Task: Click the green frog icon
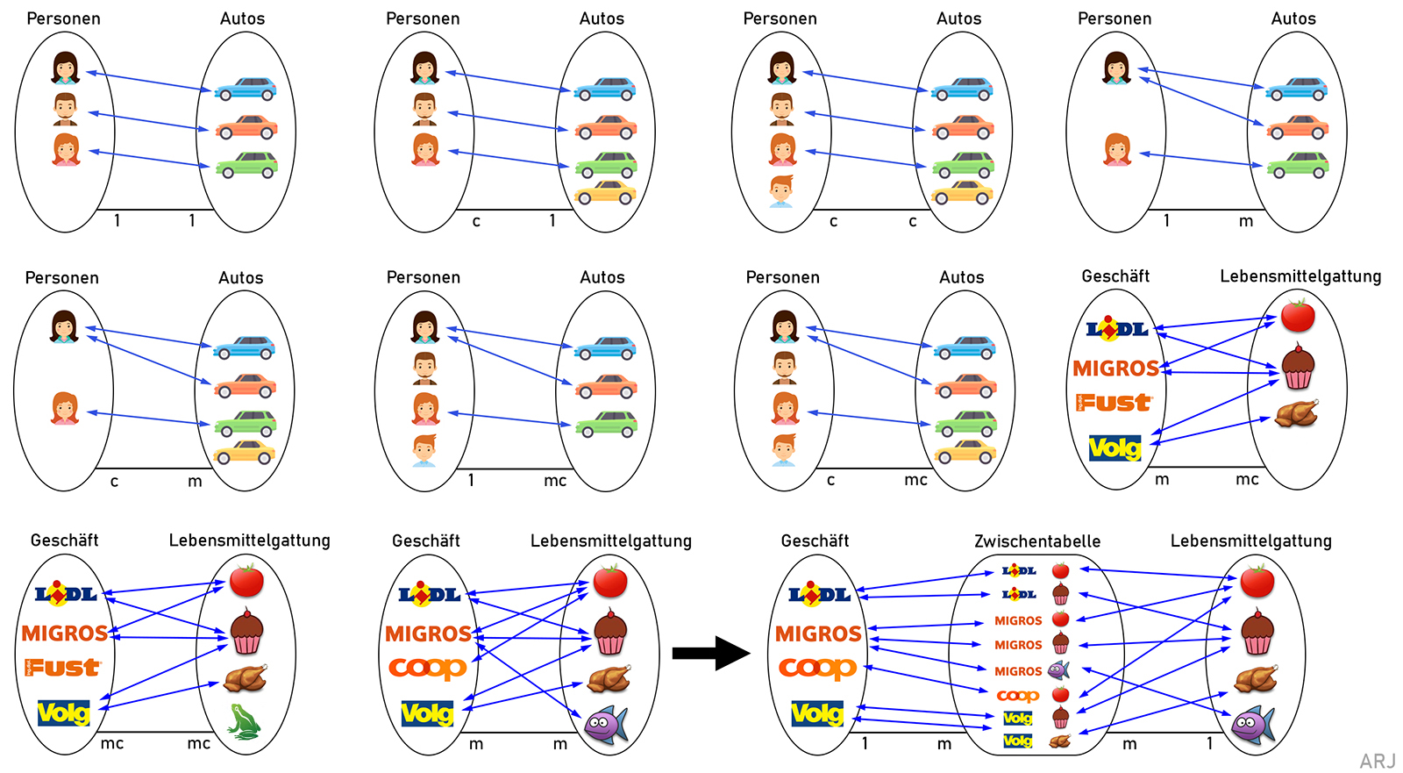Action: coord(244,721)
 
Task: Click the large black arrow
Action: coord(710,653)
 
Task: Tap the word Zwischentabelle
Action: coord(1037,541)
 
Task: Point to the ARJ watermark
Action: coord(1377,761)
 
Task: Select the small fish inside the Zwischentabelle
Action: coord(1058,670)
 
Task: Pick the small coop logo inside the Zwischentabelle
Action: coord(1017,695)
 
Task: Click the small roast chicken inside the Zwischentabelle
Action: coord(1060,741)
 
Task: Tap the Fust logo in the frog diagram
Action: coord(63,668)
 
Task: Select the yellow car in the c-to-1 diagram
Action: coord(605,192)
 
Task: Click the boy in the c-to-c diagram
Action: coord(781,191)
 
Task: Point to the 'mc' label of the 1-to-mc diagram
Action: coord(555,480)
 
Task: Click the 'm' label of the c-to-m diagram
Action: coord(195,481)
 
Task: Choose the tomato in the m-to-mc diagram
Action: coord(1298,315)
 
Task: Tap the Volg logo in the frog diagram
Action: coord(63,712)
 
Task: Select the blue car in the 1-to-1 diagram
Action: coord(246,89)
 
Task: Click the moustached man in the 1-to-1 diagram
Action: coord(66,109)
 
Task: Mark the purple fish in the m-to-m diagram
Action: coord(606,724)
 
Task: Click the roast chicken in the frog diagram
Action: coord(245,678)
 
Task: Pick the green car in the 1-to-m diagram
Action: coord(1297,165)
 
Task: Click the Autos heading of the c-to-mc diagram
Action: coord(961,277)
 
